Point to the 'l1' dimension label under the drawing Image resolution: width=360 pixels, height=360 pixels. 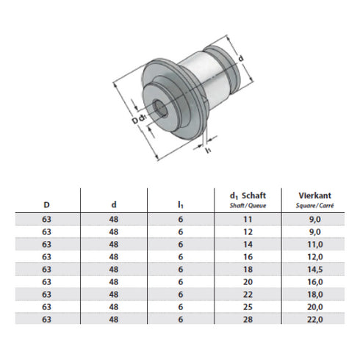209,151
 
